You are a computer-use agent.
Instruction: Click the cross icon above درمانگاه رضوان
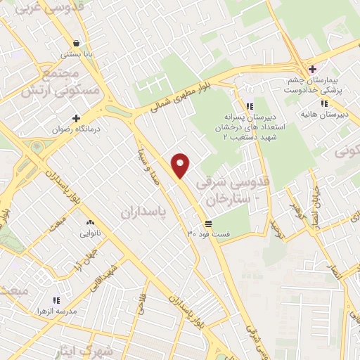(x=76, y=119)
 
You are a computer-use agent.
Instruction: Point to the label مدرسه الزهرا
(x=58, y=310)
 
